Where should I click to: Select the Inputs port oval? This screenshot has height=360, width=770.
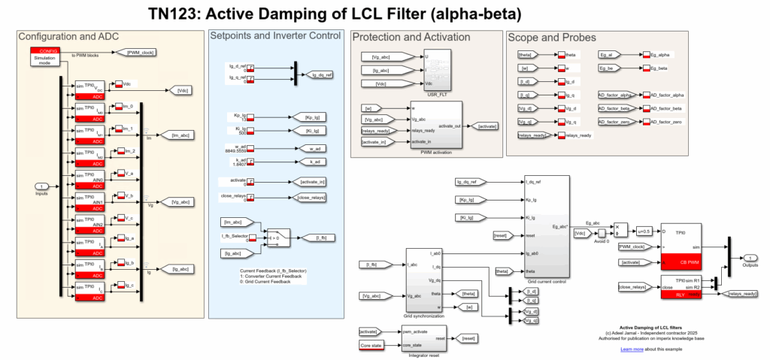[43, 186]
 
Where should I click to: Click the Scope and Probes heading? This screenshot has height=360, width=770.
[552, 38]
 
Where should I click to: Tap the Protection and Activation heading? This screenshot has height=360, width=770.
[411, 38]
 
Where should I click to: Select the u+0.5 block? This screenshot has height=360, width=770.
[644, 231]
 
